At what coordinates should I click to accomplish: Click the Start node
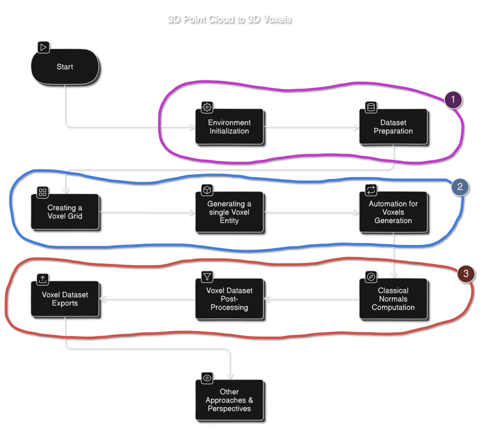point(65,67)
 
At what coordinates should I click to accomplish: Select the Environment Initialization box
point(229,127)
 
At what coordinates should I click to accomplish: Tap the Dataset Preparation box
point(393,127)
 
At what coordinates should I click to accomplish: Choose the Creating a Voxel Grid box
point(65,212)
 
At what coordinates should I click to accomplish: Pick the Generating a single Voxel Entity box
point(229,212)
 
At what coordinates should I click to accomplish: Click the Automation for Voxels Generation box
point(393,212)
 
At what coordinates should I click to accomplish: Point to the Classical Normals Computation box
point(393,299)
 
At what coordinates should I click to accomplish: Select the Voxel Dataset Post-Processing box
point(229,299)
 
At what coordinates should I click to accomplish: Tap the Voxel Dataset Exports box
point(65,299)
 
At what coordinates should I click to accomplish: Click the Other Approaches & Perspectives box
point(229,400)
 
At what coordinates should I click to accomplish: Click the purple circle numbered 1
point(453,100)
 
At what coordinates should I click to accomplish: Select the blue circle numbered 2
point(460,187)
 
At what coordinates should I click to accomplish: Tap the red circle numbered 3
point(466,274)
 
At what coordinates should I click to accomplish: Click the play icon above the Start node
point(43,47)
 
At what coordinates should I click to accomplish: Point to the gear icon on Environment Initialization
point(207,107)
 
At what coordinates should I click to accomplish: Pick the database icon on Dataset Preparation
point(371,107)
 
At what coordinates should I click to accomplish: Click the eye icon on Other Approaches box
point(207,378)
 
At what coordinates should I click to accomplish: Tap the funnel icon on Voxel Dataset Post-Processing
point(207,276)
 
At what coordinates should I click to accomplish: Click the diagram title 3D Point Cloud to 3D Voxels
point(229,19)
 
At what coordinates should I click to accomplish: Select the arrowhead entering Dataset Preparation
point(356,127)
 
